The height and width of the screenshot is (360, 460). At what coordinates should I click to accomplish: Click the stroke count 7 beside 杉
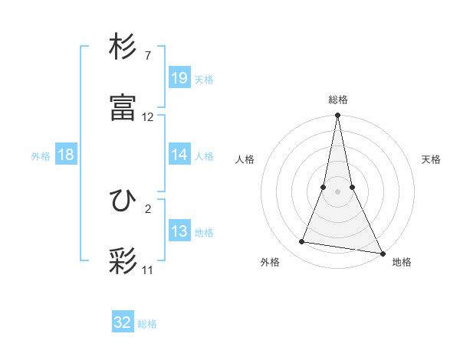click(x=148, y=56)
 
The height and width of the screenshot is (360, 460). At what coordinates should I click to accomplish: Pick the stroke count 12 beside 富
click(x=148, y=117)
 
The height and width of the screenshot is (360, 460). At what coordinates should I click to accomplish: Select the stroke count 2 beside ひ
click(x=148, y=208)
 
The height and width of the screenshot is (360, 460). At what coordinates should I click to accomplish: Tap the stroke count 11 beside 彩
click(x=148, y=270)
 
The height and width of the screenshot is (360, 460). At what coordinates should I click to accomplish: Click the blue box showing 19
click(x=179, y=78)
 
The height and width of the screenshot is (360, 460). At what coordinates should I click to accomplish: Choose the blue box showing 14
click(x=179, y=155)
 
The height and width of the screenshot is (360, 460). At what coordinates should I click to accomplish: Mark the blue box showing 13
click(x=179, y=231)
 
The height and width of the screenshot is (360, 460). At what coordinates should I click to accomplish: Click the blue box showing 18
click(x=66, y=155)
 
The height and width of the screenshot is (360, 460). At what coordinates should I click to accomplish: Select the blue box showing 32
click(x=123, y=322)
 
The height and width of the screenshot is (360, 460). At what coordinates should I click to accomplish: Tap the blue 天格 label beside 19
click(x=204, y=79)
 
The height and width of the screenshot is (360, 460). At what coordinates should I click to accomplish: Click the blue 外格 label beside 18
click(x=41, y=155)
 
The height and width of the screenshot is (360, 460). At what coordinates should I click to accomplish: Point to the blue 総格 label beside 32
click(x=147, y=323)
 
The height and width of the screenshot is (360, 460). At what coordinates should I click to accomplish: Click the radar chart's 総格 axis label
click(x=337, y=100)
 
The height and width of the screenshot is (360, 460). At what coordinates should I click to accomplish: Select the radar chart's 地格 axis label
click(x=402, y=262)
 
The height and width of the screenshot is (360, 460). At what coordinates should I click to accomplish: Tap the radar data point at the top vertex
click(x=337, y=116)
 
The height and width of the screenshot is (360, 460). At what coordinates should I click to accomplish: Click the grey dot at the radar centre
click(x=337, y=191)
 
